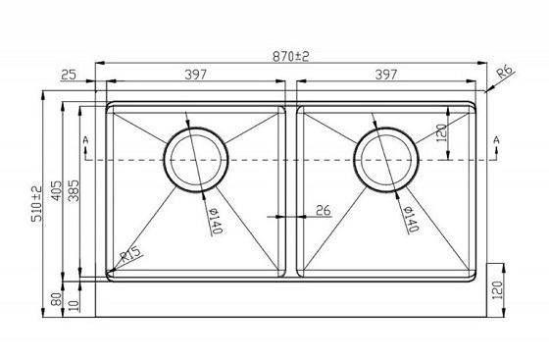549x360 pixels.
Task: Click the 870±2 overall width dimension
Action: pos(291,56)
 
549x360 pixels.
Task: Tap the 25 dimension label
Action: pos(69,75)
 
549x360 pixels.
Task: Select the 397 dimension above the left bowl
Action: pos(196,75)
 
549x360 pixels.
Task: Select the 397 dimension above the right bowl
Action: pos(386,75)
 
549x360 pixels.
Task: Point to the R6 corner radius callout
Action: pos(506,72)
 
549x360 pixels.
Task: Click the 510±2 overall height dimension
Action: pos(37,204)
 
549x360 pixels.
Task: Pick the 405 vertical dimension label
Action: pos(57,191)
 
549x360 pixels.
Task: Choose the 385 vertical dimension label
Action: pos(74,191)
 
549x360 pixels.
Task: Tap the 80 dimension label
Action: pos(57,299)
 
